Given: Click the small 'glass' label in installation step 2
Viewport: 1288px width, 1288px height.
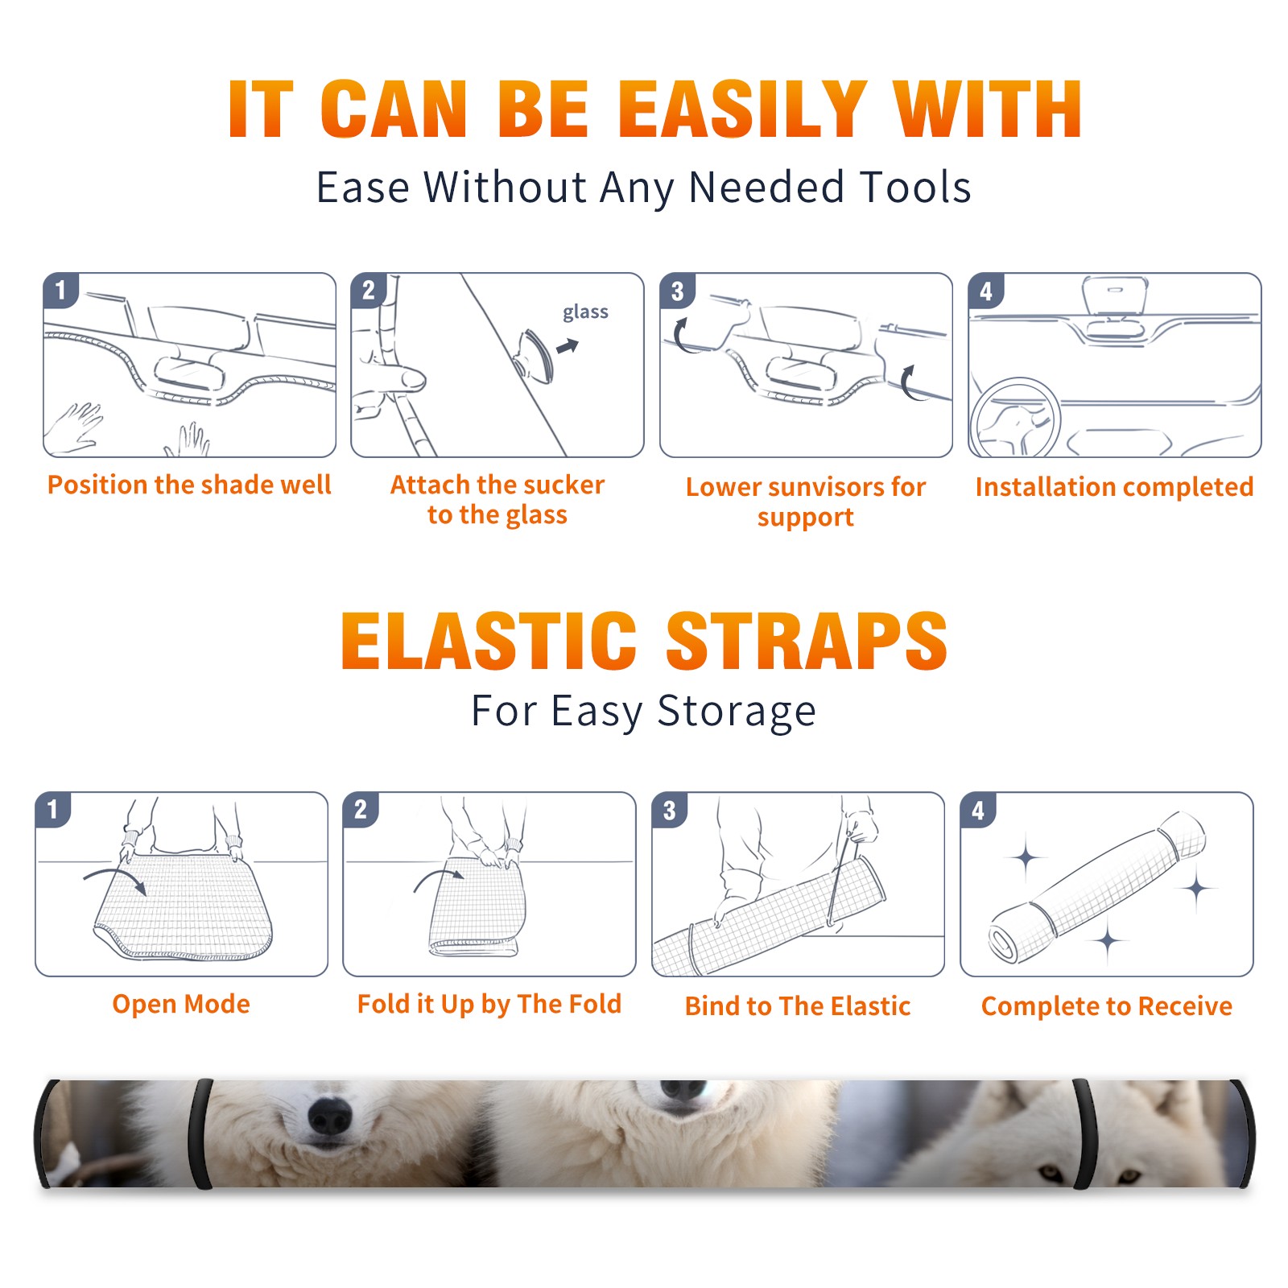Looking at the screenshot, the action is click(x=585, y=312).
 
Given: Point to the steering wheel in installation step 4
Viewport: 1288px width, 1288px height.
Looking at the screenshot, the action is click(x=1014, y=418).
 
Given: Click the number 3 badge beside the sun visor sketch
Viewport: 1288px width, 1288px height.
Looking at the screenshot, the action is click(x=677, y=291).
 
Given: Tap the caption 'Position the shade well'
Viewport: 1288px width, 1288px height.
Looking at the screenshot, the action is click(x=189, y=485).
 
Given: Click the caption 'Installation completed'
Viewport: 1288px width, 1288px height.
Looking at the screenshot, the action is click(x=1114, y=487).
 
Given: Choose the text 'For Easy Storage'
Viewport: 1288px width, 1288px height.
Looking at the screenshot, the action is click(x=643, y=711).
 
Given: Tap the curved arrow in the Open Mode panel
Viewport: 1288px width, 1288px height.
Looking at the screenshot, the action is click(x=116, y=877).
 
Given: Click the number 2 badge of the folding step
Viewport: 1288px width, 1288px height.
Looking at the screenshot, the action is click(x=360, y=809).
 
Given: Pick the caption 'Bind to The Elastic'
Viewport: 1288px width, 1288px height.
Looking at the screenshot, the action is click(x=797, y=1006).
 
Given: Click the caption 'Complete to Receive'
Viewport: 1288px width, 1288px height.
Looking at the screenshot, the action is click(x=1107, y=1006).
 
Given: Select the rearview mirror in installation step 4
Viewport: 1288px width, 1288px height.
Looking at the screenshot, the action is click(x=1115, y=296).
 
